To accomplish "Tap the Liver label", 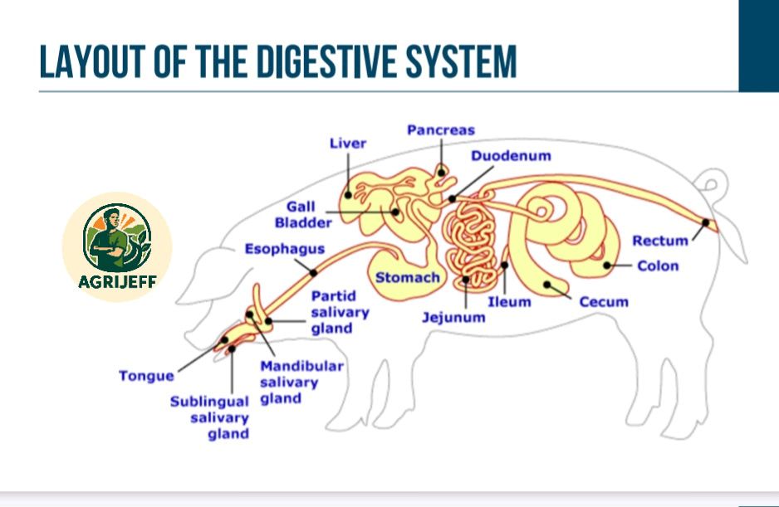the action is click(348, 144).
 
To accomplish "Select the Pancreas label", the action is click(441, 130).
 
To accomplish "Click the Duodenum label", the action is click(511, 156).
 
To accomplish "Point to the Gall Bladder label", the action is click(303, 215).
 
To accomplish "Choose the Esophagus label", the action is click(285, 249).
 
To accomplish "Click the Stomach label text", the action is click(408, 278).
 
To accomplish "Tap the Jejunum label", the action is click(453, 317).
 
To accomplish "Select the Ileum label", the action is click(509, 302).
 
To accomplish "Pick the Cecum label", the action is click(604, 302).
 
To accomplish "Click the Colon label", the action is click(658, 266).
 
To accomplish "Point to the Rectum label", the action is click(660, 241).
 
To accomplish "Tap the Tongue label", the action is click(146, 376).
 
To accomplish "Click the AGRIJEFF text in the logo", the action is click(117, 282).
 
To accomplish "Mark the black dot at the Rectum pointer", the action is click(705, 222).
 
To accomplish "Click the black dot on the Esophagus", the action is click(313, 272).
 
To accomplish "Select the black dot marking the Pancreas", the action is click(441, 173).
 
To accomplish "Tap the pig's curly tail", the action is click(713, 186).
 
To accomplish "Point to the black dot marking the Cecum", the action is click(547, 285).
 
